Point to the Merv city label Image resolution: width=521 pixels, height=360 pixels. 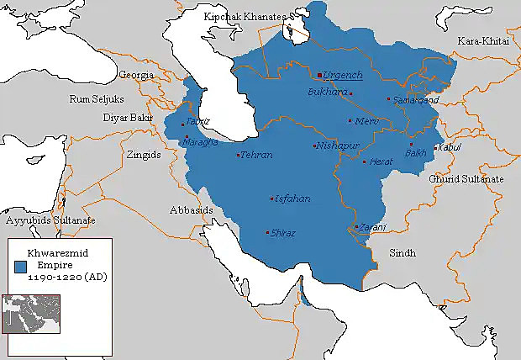pos(368,121)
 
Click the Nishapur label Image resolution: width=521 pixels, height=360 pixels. pos(338,146)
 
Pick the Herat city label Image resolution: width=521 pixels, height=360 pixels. pos(381,161)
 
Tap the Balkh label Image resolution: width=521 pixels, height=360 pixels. pos(415,153)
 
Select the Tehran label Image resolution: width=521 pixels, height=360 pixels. pos(256,156)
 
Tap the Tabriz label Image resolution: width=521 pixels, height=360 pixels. pos(198,121)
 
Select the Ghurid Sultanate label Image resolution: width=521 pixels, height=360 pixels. pos(466,179)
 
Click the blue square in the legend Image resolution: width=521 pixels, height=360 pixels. pos(20,265)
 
